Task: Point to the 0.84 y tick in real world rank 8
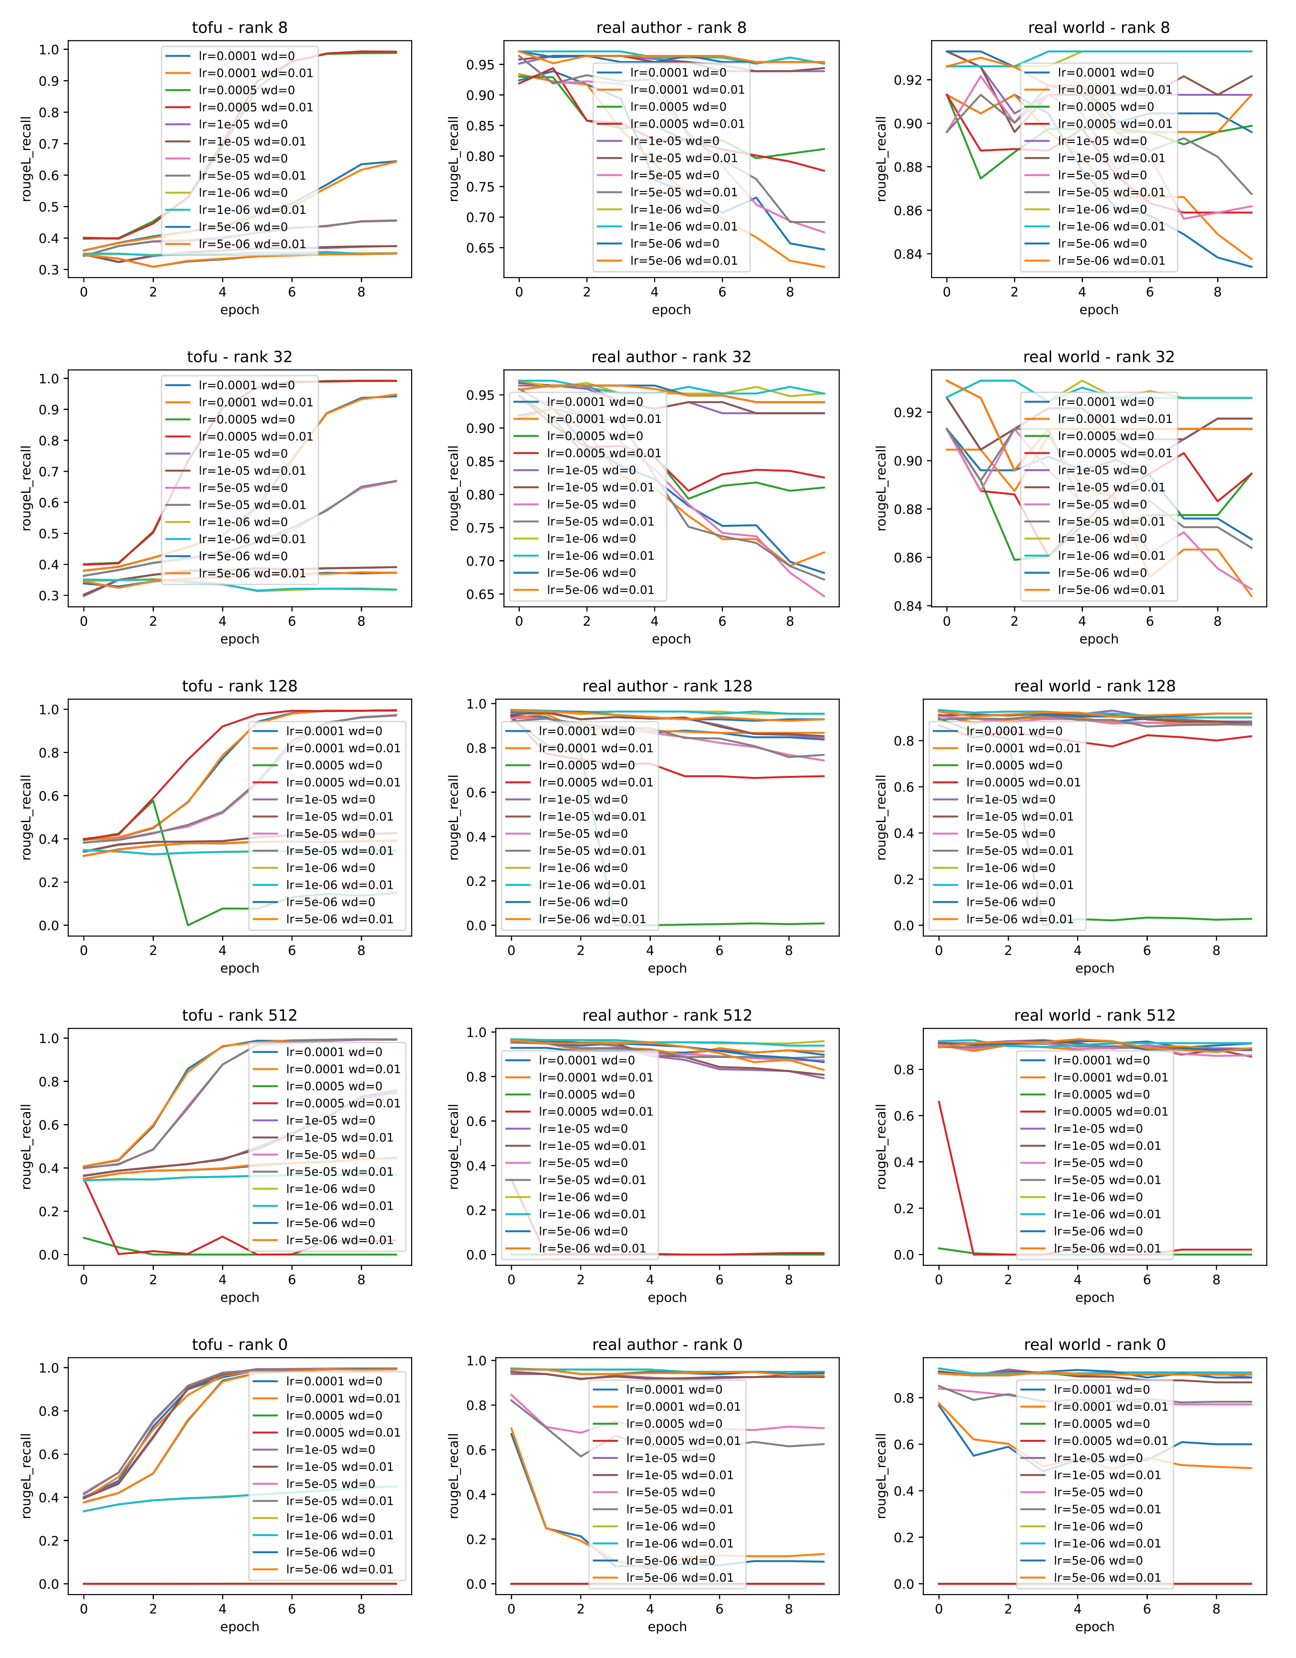pyautogui.click(x=908, y=254)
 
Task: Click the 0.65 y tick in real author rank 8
pyautogui.click(x=480, y=248)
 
